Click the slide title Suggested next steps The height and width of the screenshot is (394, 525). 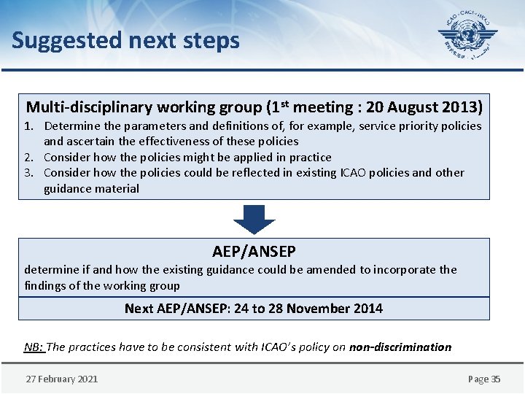(125, 40)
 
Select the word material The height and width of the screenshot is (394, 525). (115, 189)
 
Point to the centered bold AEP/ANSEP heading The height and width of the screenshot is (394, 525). (254, 252)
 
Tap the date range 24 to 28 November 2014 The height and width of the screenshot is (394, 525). (308, 309)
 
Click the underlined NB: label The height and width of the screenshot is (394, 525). (34, 347)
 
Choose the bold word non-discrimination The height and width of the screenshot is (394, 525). (400, 347)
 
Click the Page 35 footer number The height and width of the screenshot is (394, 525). (484, 379)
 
